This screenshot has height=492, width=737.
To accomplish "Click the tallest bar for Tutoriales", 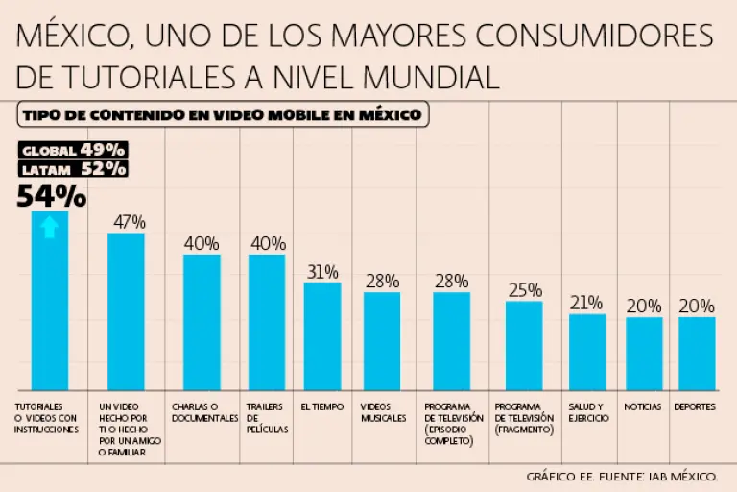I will point(50,300).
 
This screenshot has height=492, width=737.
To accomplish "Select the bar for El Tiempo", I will point(322,335).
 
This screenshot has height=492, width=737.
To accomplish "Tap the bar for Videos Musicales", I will point(381,340).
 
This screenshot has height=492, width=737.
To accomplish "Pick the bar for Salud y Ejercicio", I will point(586,351).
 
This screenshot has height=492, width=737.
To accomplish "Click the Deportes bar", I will point(696,353).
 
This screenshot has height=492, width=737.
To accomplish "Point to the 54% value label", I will point(52,196).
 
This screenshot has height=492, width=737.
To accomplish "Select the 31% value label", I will point(322,271).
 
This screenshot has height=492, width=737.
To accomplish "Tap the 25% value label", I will point(525,290).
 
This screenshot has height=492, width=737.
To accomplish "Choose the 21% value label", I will point(586,303).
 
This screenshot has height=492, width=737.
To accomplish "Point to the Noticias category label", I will point(643,406).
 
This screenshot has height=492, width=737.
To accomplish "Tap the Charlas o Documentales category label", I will point(204,412).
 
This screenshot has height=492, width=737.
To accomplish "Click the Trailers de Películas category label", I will point(267,418).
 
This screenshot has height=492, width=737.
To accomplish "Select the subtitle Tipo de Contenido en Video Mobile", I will point(222,115).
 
